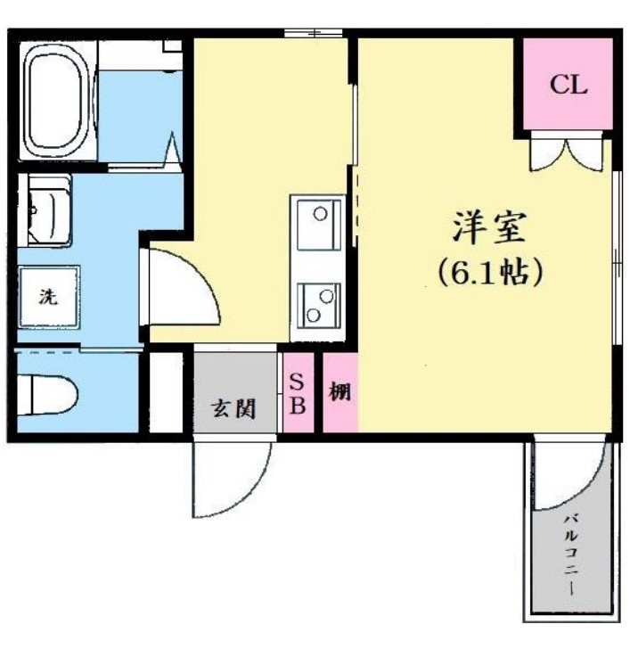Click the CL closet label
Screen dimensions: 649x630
(x=568, y=86)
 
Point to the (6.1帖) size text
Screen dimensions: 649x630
(x=489, y=271)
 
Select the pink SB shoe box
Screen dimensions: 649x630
(x=298, y=393)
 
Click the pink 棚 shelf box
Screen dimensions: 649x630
(x=340, y=393)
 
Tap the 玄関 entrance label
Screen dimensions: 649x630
(x=233, y=409)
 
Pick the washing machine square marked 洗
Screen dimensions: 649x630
(x=48, y=297)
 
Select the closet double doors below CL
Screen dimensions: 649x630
(x=567, y=153)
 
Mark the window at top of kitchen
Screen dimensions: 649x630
(x=314, y=34)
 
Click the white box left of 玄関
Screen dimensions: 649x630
(x=163, y=392)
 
